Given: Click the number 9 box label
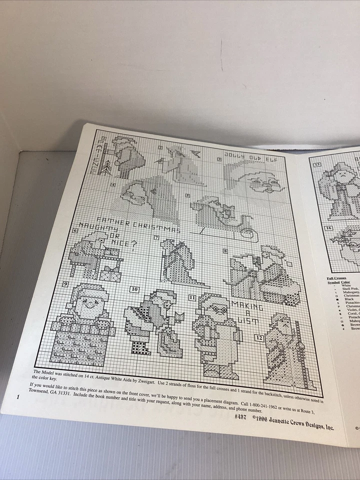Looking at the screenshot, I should pos(65,284).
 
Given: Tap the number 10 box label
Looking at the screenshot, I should pos(134,289).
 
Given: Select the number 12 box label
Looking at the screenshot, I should pos(258,337).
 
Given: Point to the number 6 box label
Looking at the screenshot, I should pos(75,230).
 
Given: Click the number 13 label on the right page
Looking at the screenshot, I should pos(316,165).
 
